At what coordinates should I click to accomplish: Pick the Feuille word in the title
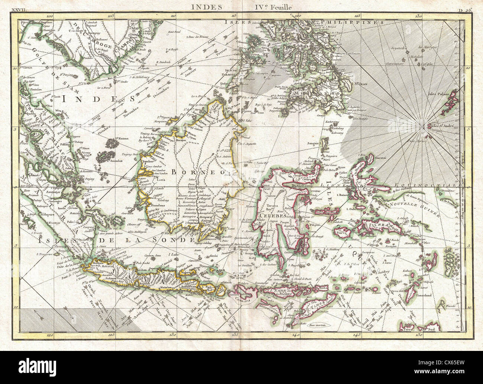point(282,6)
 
